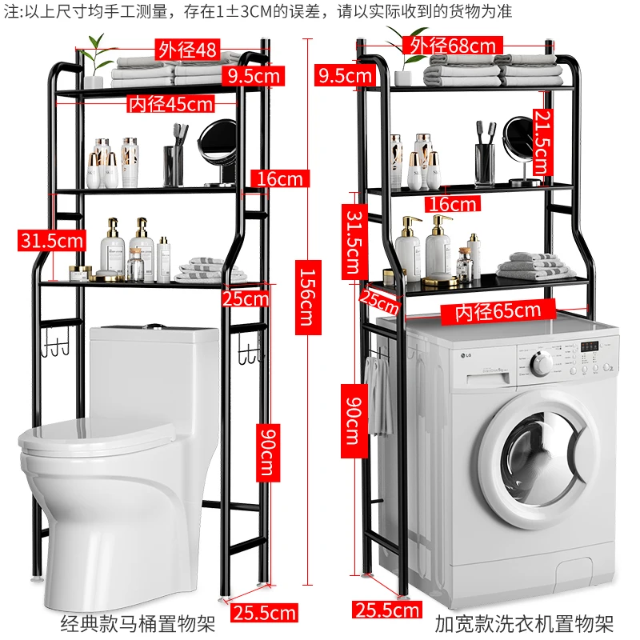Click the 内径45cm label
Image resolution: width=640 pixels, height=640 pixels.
pyautogui.click(x=171, y=103)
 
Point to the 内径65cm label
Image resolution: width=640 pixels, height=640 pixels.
pyautogui.click(x=498, y=310)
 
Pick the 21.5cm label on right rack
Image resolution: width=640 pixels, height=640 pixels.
pyautogui.click(x=541, y=142)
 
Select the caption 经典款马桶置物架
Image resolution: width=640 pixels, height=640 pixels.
pyautogui.click(x=138, y=623)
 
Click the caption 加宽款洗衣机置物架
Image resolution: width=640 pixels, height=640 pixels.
pyautogui.click(x=524, y=622)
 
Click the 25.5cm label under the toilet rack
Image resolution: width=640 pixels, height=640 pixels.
pyautogui.click(x=264, y=614)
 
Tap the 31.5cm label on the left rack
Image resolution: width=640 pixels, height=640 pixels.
pyautogui.click(x=53, y=238)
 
